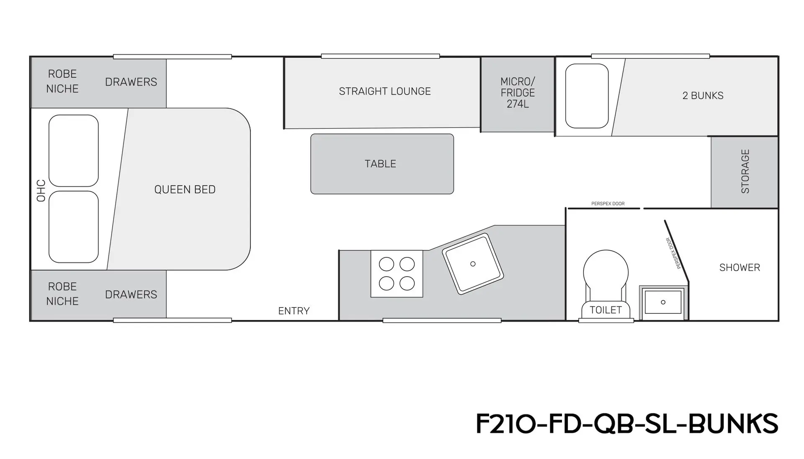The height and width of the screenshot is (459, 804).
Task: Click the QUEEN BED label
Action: click(185, 190)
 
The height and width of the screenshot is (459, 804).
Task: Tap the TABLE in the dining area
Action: click(382, 164)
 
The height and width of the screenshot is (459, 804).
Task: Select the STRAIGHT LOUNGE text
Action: click(385, 91)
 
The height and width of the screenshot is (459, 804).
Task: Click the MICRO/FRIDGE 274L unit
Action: click(518, 95)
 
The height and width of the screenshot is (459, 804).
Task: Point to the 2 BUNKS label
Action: click(703, 95)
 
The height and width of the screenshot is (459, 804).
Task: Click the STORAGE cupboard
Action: click(745, 172)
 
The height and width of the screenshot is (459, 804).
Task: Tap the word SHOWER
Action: click(740, 267)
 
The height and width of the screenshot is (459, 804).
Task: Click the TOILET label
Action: click(606, 310)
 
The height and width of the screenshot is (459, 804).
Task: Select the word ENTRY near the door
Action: click(294, 311)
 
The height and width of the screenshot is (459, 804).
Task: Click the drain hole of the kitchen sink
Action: click(473, 264)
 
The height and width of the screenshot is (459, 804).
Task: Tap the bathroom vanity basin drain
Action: click(663, 302)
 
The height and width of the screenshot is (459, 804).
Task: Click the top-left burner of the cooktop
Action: click(386, 264)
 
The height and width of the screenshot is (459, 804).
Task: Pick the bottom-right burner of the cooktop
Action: click(407, 283)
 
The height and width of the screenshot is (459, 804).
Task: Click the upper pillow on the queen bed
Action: click(74, 151)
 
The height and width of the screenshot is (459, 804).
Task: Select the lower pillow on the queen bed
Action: click(74, 227)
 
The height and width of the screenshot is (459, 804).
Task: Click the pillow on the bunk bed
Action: click(587, 96)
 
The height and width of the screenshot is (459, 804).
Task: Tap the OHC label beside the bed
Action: click(41, 191)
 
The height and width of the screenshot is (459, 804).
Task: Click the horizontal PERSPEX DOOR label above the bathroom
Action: click(608, 204)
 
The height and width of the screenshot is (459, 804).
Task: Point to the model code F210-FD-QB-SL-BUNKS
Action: click(627, 423)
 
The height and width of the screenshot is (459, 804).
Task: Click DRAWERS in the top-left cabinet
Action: click(131, 82)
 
